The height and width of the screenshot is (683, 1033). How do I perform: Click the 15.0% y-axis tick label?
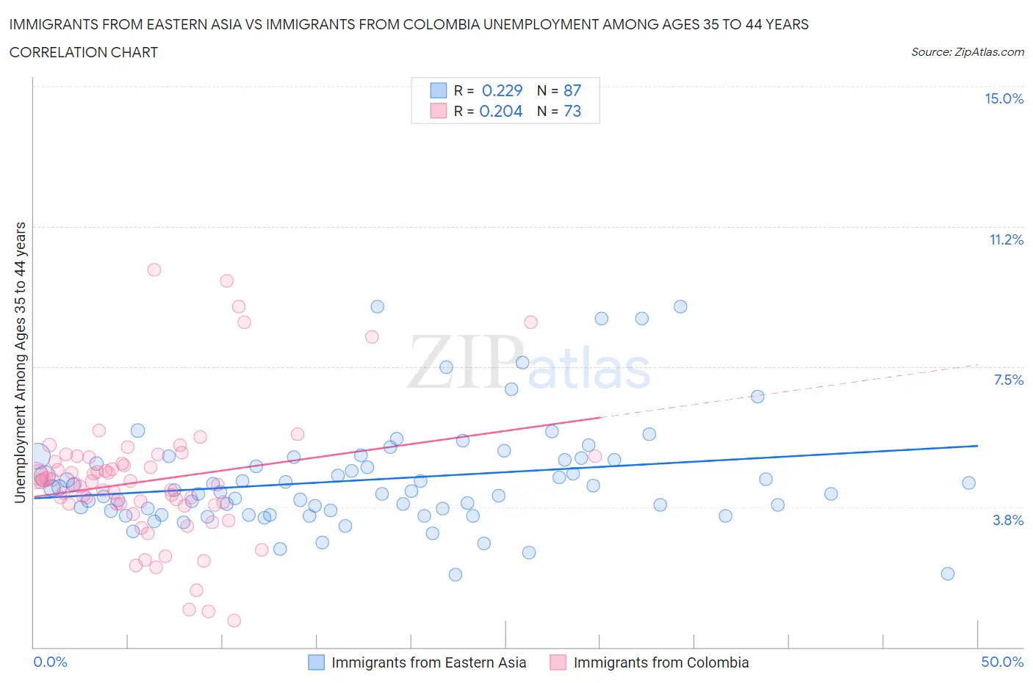tap(1004, 98)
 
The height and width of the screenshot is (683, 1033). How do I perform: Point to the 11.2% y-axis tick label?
tap(1006, 239)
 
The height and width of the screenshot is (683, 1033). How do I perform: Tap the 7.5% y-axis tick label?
tap(1008, 380)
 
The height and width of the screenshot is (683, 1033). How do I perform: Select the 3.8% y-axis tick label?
tap(1008, 520)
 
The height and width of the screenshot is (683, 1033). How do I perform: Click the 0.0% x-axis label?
tap(50, 662)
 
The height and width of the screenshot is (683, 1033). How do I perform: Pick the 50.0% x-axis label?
tap(1002, 662)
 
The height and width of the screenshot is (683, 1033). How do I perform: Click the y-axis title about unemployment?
tap(20, 362)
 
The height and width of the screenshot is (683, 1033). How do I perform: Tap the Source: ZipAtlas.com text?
tap(967, 51)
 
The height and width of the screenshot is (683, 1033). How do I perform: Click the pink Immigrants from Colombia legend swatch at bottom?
tap(558, 662)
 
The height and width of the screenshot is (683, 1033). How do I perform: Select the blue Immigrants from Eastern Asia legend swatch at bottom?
tap(316, 662)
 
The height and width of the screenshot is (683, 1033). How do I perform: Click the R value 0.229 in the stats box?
tap(502, 90)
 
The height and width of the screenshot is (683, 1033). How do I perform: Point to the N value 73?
tap(572, 111)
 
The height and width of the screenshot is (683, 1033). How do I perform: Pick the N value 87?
tap(572, 90)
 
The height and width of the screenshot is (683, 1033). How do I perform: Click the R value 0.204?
tap(500, 111)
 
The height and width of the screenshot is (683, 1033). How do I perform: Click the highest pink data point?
tap(154, 270)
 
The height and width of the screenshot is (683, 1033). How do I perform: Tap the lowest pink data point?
tap(234, 621)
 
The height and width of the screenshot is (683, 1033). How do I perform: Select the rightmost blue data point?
tap(968, 483)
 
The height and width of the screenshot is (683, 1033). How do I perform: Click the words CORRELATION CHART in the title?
tap(84, 52)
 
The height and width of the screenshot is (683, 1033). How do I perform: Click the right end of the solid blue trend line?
tap(978, 446)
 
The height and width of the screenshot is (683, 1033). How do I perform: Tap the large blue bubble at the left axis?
tap(37, 457)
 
